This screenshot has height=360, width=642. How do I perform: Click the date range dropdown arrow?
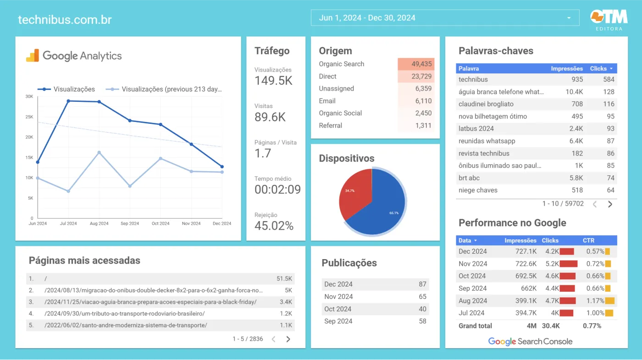point(569,18)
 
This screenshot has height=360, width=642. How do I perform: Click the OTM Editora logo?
point(609,19)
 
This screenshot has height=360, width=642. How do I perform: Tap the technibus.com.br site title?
point(65,20)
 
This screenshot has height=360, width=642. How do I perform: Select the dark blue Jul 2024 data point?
point(68,101)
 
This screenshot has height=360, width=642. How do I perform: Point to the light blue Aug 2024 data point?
point(99,153)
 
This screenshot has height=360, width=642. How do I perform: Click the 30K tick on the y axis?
point(29,96)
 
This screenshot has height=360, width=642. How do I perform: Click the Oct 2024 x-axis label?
point(160,224)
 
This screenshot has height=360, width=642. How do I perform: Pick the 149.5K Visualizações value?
point(273,81)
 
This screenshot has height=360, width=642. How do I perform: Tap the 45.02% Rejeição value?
point(274,226)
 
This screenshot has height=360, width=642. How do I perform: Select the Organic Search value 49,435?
point(421,64)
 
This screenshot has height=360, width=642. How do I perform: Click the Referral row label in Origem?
point(330,126)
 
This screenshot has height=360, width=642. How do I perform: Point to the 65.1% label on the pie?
point(394,213)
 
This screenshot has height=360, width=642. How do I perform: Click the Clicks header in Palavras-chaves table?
point(598,68)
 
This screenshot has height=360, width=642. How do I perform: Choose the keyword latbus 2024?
point(476,129)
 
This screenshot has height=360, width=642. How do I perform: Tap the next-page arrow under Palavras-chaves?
point(610,205)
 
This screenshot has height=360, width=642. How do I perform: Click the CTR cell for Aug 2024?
point(595,301)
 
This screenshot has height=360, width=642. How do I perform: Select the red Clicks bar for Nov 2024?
point(568,264)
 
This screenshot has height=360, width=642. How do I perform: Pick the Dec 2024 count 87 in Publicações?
point(422,284)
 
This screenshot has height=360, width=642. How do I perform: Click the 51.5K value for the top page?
point(284,278)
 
